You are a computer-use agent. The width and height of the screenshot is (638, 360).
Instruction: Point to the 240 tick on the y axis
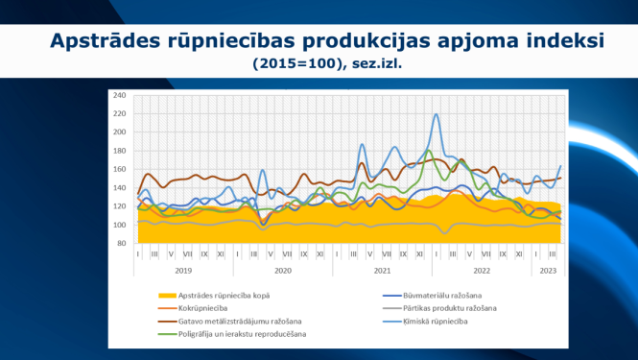pyautogui.click(x=120, y=96)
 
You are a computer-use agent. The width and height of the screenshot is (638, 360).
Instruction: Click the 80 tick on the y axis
pyautogui.click(x=122, y=244)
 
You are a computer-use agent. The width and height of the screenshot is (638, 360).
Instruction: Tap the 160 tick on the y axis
pyautogui.click(x=120, y=170)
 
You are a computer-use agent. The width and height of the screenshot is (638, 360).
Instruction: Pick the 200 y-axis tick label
pyautogui.click(x=120, y=132)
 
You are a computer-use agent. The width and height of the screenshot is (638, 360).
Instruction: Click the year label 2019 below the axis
pyautogui.click(x=185, y=272)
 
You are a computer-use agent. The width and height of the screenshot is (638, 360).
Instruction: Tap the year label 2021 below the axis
pyautogui.click(x=383, y=272)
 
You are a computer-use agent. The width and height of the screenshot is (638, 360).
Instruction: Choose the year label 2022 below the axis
pyautogui.click(x=482, y=272)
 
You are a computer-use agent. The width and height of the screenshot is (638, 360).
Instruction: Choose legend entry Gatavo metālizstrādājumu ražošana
pyautogui.click(x=240, y=320)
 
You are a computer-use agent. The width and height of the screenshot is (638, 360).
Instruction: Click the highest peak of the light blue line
pyautogui.click(x=437, y=114)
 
